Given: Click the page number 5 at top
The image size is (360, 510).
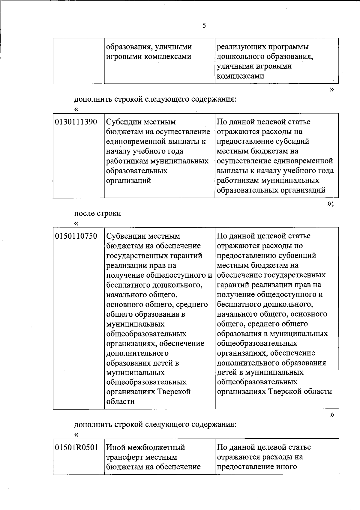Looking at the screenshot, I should click(x=204, y=25).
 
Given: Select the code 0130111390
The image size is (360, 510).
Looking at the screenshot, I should click(x=76, y=122).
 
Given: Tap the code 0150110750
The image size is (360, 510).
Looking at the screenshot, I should click(x=76, y=236).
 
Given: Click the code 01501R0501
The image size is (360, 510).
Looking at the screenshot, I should click(x=77, y=448).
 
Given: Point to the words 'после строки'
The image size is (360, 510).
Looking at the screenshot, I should click(x=97, y=213).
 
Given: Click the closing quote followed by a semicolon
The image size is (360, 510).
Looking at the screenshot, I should click(x=330, y=204).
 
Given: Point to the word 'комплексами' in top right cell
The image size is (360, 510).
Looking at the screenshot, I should click(x=240, y=76).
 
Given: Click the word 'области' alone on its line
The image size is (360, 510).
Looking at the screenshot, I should click(x=121, y=401).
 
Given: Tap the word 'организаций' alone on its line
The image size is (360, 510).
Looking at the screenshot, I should click(x=129, y=181).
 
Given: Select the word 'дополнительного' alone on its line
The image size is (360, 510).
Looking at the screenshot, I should click(x=137, y=353).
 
